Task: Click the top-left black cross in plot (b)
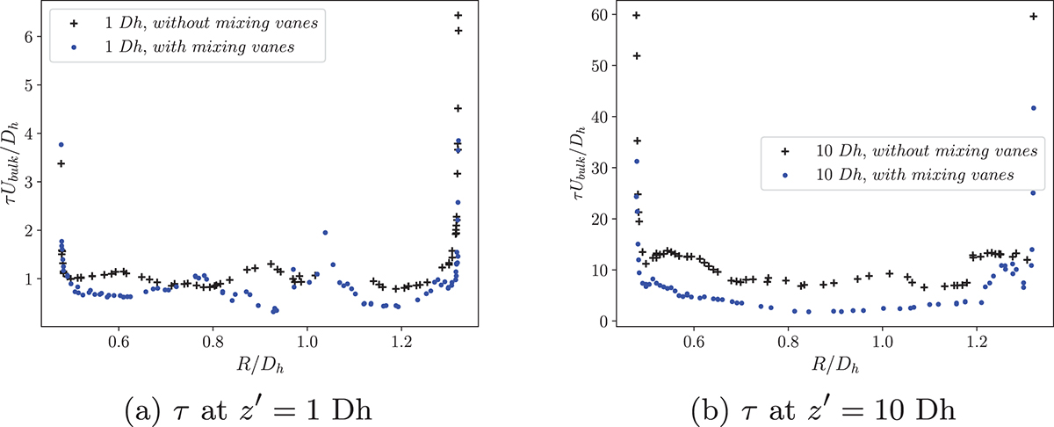(637, 16)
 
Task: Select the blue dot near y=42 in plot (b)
(1033, 108)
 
